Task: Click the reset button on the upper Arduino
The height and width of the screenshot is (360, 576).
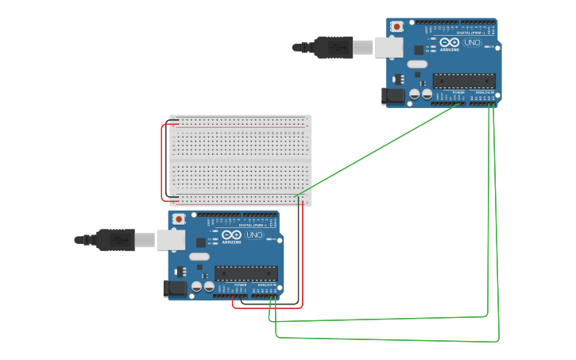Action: tap(397, 27)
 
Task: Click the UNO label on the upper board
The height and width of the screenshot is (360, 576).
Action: tap(471, 43)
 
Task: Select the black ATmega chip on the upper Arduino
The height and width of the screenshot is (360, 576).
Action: tap(464, 80)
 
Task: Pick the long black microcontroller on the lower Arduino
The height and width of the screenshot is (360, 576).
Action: tap(245, 273)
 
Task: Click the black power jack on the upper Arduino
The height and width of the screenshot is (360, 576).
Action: tap(392, 96)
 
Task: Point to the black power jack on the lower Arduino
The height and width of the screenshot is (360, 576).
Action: tap(174, 288)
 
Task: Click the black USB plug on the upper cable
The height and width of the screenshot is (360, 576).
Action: tap(332, 48)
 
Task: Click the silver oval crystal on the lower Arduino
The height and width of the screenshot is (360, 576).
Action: tap(199, 257)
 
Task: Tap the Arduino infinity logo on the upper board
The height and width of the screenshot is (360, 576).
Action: tap(449, 43)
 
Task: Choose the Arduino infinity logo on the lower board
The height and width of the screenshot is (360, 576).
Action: tap(230, 235)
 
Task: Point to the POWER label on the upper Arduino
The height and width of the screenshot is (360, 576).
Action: tap(458, 92)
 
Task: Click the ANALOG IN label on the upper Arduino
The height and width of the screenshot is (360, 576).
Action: tap(484, 92)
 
